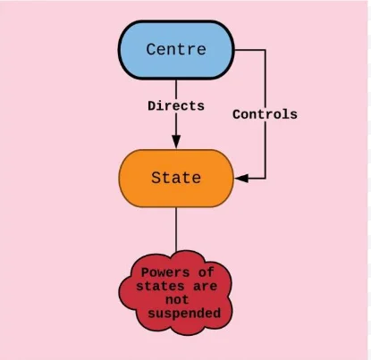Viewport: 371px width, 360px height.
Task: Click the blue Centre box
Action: (x=176, y=50)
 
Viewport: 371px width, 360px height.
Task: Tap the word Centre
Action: (x=176, y=49)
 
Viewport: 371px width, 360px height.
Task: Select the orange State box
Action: (x=176, y=179)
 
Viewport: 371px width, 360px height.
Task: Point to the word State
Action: (x=176, y=178)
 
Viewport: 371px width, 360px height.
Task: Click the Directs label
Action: (x=176, y=106)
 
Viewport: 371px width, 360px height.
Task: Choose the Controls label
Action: (x=265, y=114)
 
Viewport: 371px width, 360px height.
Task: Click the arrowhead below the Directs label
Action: (x=176, y=141)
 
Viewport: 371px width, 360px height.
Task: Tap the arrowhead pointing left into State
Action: (x=241, y=179)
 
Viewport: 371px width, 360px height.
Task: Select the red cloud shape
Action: (x=176, y=293)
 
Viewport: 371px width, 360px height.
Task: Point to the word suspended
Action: (x=184, y=314)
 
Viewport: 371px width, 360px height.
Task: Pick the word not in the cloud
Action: (x=177, y=299)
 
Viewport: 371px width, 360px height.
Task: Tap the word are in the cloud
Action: (x=205, y=287)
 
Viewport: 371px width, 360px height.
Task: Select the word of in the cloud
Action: (x=206, y=272)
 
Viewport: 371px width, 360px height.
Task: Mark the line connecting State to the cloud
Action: (x=176, y=230)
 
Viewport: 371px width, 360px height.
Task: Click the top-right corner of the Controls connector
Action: (x=266, y=50)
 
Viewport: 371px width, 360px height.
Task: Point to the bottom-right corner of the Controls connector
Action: (x=266, y=179)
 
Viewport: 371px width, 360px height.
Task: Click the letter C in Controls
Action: (x=236, y=114)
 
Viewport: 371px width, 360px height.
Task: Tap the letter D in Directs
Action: (x=152, y=106)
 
